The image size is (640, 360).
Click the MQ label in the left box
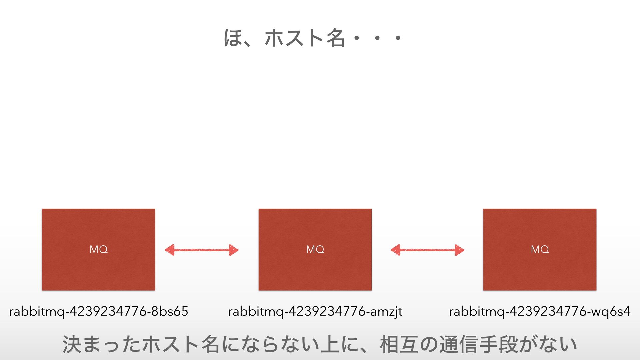(99, 249)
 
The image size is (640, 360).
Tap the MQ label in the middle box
(315, 249)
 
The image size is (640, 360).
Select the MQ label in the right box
(540, 249)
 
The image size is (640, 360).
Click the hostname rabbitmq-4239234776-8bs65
(99, 311)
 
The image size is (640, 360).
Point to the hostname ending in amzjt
(315, 311)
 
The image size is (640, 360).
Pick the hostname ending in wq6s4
(540, 311)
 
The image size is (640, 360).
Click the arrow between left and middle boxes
(202, 250)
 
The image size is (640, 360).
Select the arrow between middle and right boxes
(427, 250)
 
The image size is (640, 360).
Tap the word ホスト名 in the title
(304, 38)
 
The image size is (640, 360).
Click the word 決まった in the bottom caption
(102, 345)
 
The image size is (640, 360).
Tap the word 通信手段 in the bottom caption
(479, 345)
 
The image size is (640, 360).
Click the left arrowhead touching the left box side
(170, 250)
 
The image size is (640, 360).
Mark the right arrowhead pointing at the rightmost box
(460, 250)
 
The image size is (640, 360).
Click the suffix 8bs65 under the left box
(170, 311)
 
